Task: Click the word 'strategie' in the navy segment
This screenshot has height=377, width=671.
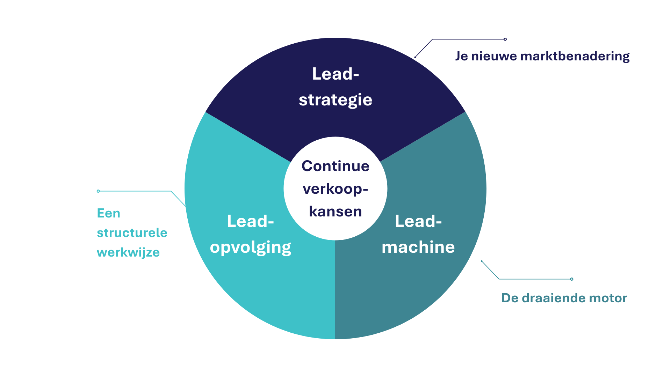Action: pos(335,100)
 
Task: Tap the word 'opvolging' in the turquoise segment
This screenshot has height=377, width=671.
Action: pos(250,247)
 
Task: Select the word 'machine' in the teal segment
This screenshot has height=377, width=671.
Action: pos(418,247)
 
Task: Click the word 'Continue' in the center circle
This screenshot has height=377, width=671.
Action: pos(335,166)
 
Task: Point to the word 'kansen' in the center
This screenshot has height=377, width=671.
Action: pos(335,212)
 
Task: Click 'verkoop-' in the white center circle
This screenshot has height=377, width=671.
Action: pos(335,189)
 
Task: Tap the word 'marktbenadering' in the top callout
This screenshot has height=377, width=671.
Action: pos(575,56)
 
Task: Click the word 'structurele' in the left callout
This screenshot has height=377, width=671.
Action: pos(132,233)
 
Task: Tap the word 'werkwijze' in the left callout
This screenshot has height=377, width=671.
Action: pos(128,252)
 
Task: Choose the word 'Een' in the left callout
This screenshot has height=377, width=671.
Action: pos(108,213)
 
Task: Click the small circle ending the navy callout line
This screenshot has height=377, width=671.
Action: pos(505,39)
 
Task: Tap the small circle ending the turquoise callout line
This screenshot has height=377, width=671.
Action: pos(98,191)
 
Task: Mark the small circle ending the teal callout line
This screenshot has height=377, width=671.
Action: pos(572,279)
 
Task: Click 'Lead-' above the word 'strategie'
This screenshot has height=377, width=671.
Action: pos(335,74)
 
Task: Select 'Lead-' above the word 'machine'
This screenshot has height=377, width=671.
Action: pos(418,221)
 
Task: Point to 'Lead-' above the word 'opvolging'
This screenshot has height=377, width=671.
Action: pos(250,221)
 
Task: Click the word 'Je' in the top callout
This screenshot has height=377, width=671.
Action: pos(461,56)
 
